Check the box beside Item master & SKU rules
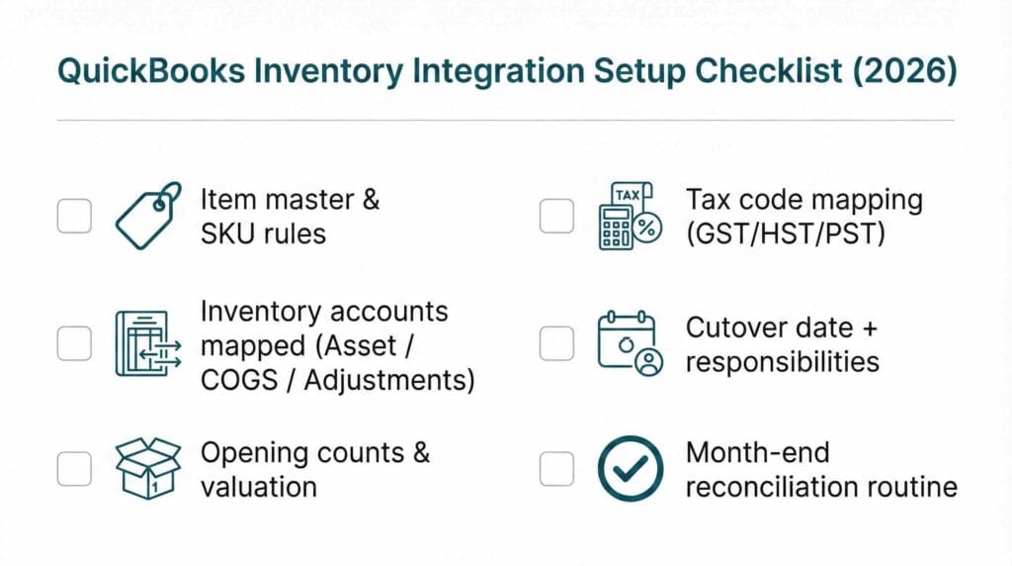pos(74,216)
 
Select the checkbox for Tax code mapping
pos(556,216)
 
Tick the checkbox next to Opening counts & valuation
pos(74,469)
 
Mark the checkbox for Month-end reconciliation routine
pos(556,469)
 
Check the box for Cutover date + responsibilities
pos(556,343)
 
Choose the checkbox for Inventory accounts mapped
pos(74,343)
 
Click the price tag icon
pos(148,215)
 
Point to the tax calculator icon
pos(631,216)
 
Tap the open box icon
pos(148,468)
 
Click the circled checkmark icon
pos(631,468)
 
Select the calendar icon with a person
pos(631,343)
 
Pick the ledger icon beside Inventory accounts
pos(148,343)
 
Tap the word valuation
pos(259,487)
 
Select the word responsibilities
pos(782,361)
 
